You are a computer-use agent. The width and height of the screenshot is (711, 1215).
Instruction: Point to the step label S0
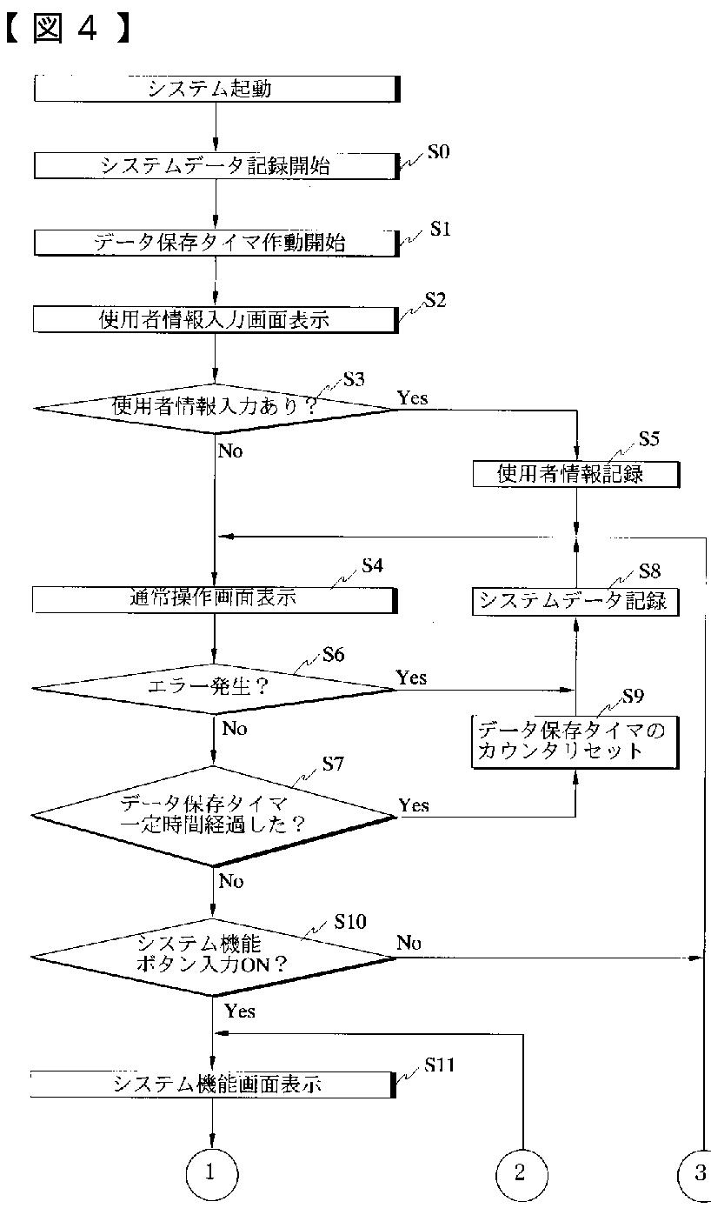(x=438, y=152)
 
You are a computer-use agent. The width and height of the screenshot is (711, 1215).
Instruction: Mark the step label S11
(x=439, y=1065)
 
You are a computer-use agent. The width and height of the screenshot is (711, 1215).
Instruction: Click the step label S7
(x=333, y=764)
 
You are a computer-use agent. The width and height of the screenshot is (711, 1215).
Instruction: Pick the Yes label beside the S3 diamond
(x=413, y=397)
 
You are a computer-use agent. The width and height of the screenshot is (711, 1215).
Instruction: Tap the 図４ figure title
(x=67, y=28)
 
